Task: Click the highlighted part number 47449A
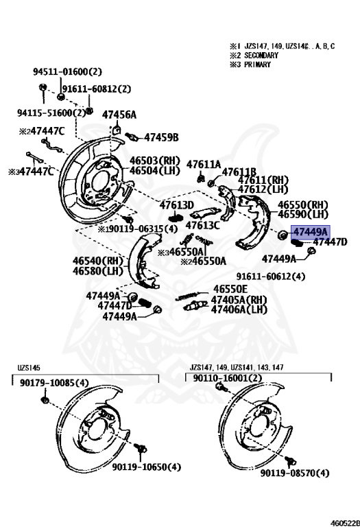[311, 232]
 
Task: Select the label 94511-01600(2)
[67, 71]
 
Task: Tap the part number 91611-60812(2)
[96, 89]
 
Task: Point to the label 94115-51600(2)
[51, 113]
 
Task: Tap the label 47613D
[177, 205]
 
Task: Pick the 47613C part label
[203, 225]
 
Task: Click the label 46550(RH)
[303, 205]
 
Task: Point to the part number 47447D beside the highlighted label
[330, 242]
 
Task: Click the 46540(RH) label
[97, 261]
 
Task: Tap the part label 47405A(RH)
[239, 300]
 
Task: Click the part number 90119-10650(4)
[147, 467]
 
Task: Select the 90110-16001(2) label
[227, 378]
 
